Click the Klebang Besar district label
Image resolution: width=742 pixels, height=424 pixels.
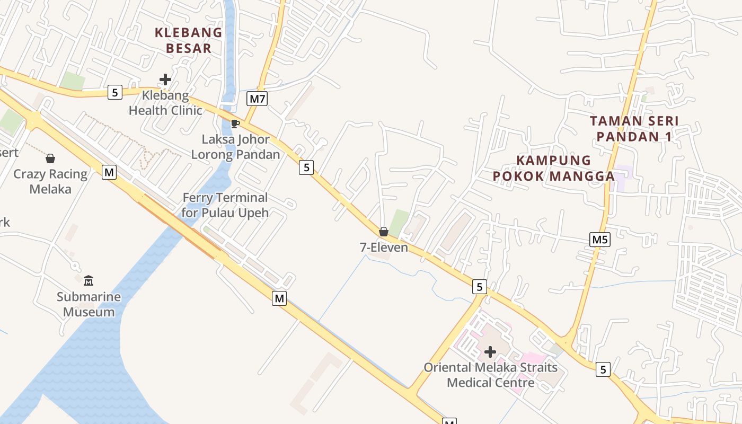click(188, 40)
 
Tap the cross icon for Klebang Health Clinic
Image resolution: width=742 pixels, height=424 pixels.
click(165, 80)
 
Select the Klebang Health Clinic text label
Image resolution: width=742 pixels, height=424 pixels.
click(165, 103)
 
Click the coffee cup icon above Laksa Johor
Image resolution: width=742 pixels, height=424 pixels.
click(235, 124)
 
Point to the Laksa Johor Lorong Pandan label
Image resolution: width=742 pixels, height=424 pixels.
click(235, 147)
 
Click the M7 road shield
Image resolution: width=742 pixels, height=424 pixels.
click(257, 98)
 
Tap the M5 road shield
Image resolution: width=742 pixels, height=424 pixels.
click(600, 240)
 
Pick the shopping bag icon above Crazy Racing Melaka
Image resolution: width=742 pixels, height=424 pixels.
click(50, 158)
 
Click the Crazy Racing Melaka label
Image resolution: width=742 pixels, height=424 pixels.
click(50, 181)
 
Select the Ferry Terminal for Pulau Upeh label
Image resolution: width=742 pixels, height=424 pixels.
click(225, 205)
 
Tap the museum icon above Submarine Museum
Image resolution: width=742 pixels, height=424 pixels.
click(89, 280)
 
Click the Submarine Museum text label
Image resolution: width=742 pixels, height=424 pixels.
click(89, 304)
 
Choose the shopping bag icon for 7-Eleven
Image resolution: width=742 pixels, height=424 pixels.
click(384, 232)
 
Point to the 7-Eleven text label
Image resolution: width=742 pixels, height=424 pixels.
click(384, 248)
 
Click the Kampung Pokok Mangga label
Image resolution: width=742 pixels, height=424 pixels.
click(554, 168)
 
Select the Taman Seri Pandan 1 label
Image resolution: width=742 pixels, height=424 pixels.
click(634, 128)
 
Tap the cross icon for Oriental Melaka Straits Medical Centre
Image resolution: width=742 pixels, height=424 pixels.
click(490, 351)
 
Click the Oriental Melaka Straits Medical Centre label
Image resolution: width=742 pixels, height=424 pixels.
click(490, 375)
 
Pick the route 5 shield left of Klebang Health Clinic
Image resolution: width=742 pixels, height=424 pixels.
click(114, 92)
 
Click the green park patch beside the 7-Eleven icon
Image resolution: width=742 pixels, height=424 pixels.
click(399, 222)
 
